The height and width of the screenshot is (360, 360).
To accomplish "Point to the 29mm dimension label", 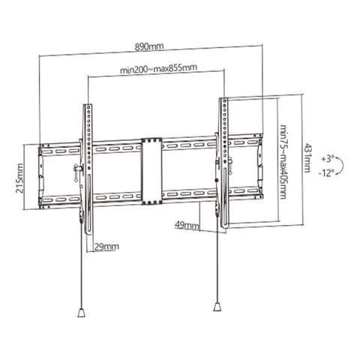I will tap(107, 245).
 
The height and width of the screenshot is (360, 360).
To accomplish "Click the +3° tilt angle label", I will tap(326, 159).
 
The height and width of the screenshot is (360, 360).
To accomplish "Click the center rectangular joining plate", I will tap(151, 169).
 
